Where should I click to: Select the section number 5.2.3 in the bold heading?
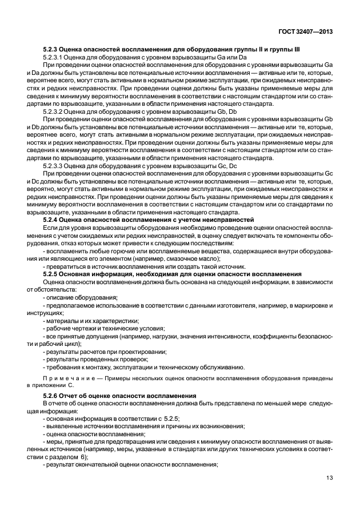point(51,50)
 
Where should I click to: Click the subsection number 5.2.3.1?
point(54,58)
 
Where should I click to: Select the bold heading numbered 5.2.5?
point(172,274)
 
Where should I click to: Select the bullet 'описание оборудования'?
point(81,297)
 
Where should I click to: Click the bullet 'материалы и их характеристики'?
point(91,320)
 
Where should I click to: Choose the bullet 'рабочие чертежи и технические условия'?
point(104,328)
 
